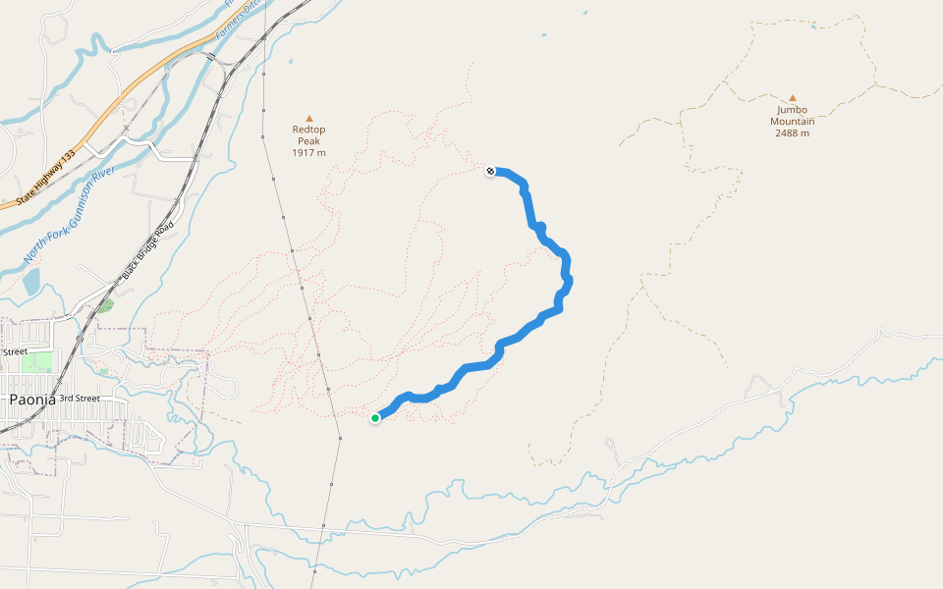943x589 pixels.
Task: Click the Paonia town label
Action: pyautogui.click(x=30, y=400)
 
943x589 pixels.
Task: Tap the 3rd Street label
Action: pyautogui.click(x=80, y=399)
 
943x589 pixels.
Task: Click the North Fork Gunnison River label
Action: pyautogui.click(x=69, y=216)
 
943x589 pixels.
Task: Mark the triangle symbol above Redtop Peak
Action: pyautogui.click(x=308, y=118)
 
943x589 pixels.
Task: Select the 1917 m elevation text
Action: pyautogui.click(x=308, y=153)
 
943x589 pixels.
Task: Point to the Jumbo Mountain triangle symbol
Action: pyautogui.click(x=792, y=98)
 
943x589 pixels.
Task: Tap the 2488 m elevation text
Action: pyautogui.click(x=792, y=134)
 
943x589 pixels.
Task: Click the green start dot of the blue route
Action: pyautogui.click(x=375, y=418)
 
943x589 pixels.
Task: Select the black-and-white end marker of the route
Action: pyautogui.click(x=490, y=172)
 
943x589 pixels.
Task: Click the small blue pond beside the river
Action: pyautogui.click(x=31, y=283)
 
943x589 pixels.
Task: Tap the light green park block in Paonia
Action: pyautogui.click(x=36, y=362)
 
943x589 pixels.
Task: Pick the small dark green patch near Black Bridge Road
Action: pyautogui.click(x=105, y=305)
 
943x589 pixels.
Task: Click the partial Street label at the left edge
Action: pyautogui.click(x=14, y=351)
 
